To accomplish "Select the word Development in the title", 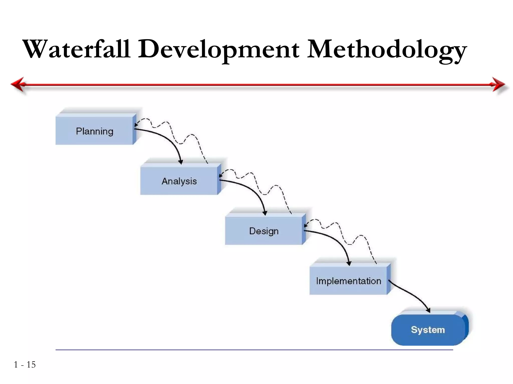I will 218,49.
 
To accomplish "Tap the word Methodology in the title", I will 387,49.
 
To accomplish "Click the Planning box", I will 94,131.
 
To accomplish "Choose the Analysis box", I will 179,181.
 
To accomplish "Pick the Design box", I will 264,231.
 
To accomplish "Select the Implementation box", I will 348,281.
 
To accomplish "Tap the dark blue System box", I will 428,330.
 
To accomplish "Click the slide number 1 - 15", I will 25,364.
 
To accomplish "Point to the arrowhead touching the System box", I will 428,310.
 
